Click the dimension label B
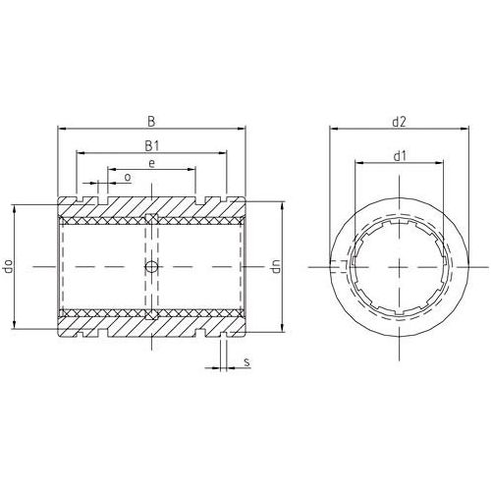point(150,122)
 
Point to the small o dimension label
point(128,177)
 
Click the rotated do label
point(9,266)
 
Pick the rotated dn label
point(276,266)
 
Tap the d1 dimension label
point(400,155)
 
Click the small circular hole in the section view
point(150,267)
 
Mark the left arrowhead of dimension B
point(61,130)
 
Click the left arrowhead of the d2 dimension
point(331,130)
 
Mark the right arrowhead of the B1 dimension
point(225,153)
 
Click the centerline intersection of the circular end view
point(400,266)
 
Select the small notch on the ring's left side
point(340,266)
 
